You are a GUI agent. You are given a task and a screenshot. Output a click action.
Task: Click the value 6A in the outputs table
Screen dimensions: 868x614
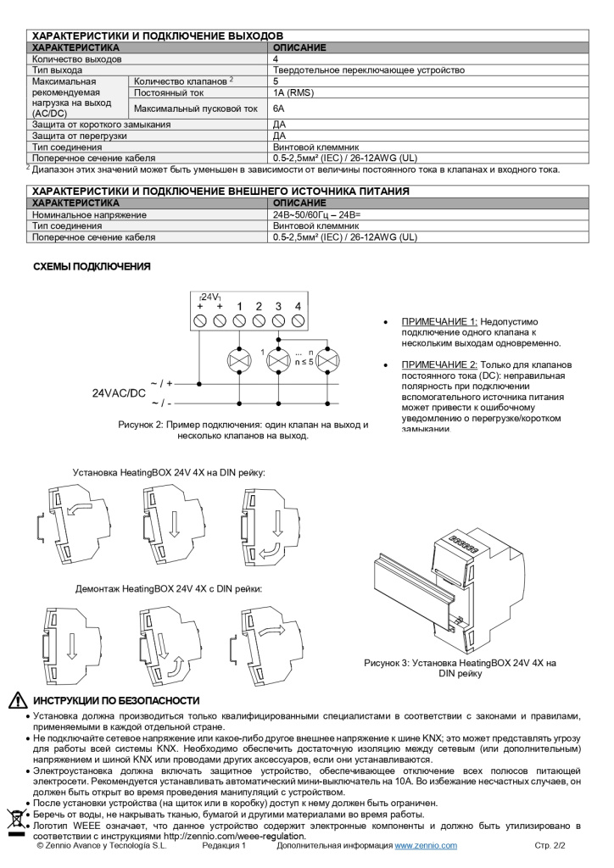click(278, 108)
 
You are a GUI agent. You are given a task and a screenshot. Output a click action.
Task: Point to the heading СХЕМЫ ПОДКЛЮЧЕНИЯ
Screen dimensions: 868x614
click(92, 267)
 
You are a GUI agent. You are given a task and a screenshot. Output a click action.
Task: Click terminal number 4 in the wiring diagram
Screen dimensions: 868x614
click(298, 306)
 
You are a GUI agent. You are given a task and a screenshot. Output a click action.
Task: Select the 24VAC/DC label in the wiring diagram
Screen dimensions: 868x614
click(119, 393)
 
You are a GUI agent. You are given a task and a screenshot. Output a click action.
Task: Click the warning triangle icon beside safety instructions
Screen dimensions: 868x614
click(17, 701)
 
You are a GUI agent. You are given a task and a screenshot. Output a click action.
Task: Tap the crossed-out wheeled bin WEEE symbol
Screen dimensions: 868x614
click(16, 819)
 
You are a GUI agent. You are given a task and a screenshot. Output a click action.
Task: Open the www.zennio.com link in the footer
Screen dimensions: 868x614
click(426, 845)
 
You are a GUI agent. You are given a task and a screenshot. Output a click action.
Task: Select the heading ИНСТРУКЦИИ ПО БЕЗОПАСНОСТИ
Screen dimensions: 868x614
click(116, 701)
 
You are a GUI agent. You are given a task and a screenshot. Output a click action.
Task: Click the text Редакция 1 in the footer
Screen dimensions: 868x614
click(224, 845)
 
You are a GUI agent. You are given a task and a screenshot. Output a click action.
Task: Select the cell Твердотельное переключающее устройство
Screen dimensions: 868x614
click(369, 70)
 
